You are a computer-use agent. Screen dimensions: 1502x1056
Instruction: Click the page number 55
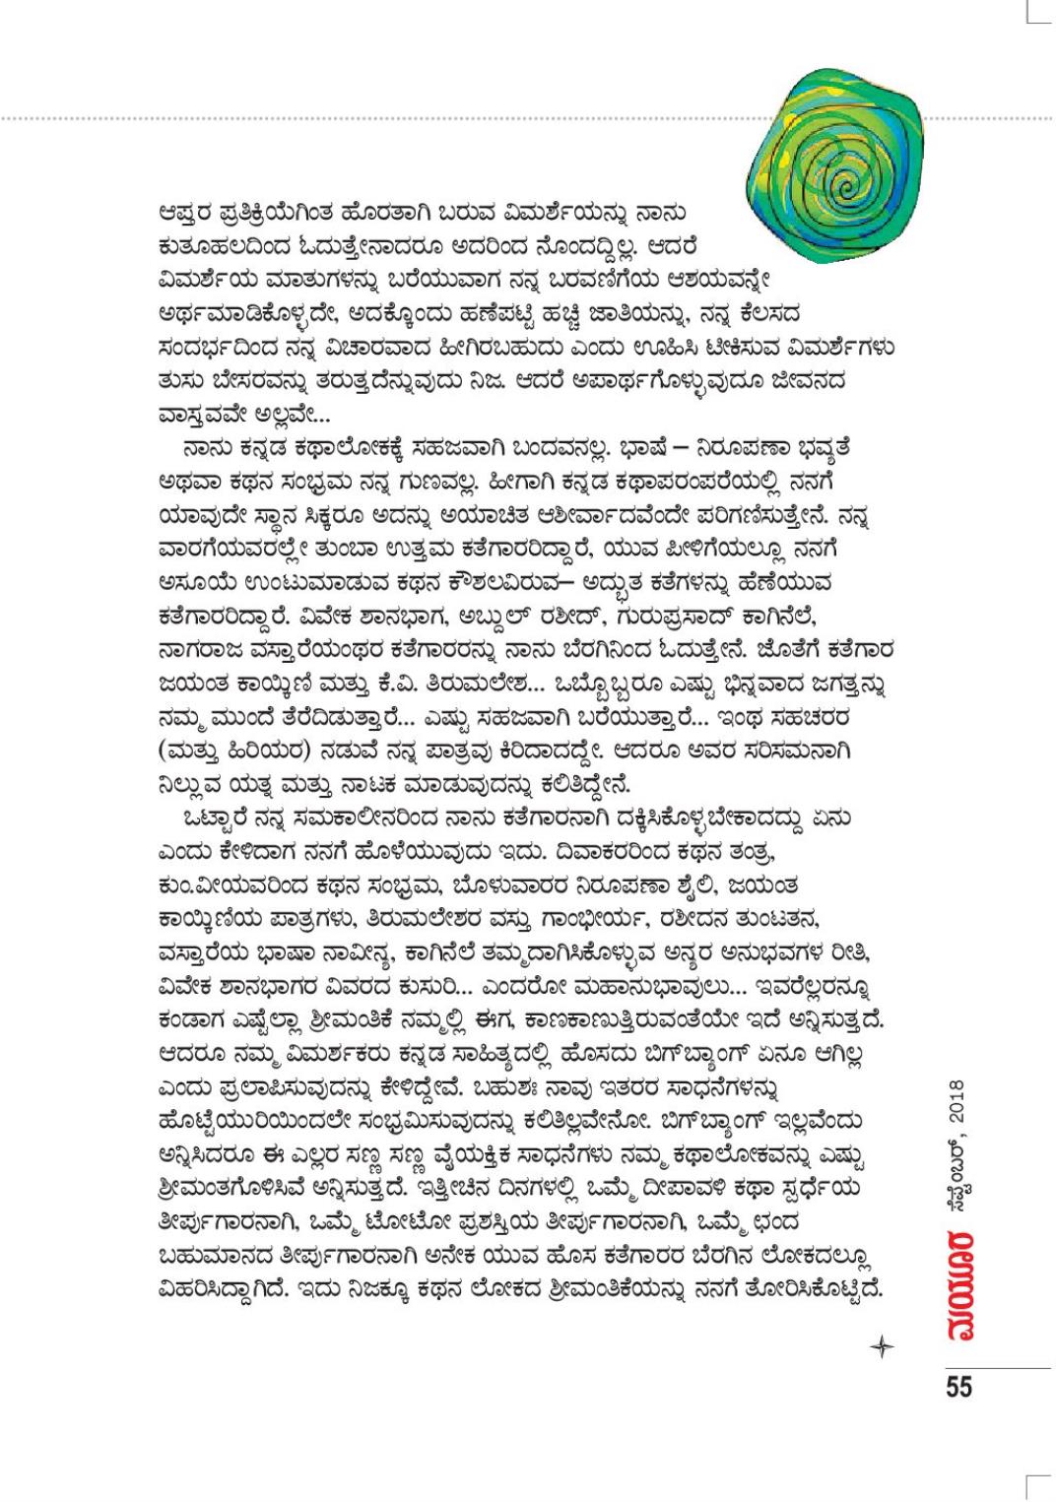pyautogui.click(x=958, y=1386)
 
